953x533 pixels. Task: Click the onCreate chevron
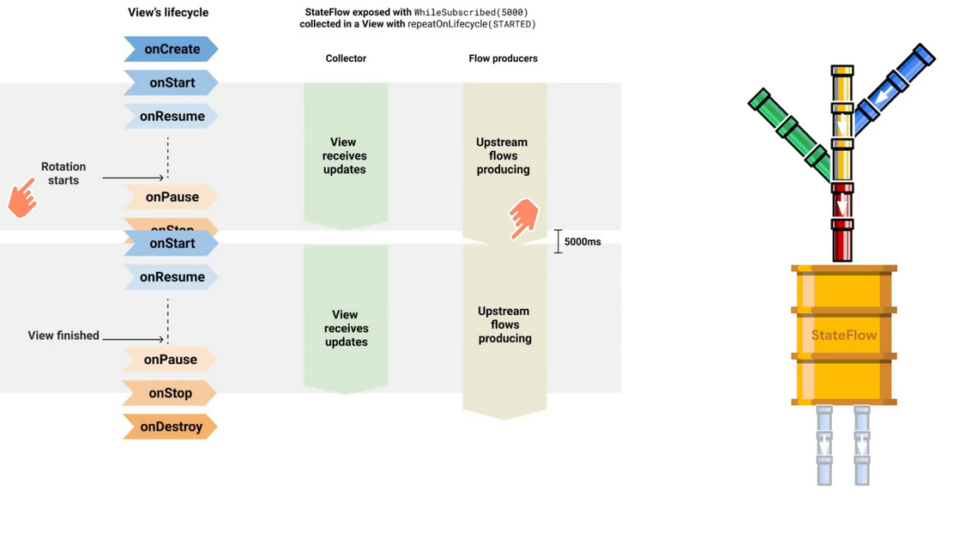[171, 49]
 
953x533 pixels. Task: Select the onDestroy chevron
[170, 427]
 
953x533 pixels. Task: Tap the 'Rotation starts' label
[63, 173]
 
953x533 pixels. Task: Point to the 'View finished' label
[63, 336]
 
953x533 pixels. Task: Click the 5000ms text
[582, 242]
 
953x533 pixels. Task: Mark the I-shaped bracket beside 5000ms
[558, 241]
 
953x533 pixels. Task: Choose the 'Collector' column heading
[346, 58]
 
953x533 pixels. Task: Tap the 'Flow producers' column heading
[503, 58]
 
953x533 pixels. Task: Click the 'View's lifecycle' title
[168, 13]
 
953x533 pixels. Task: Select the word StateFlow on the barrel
[844, 336]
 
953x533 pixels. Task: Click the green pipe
[789, 131]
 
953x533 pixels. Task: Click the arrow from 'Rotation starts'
[132, 178]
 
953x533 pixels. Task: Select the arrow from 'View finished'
[132, 339]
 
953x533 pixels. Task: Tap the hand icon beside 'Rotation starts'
[23, 197]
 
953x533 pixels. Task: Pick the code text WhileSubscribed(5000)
[471, 13]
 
